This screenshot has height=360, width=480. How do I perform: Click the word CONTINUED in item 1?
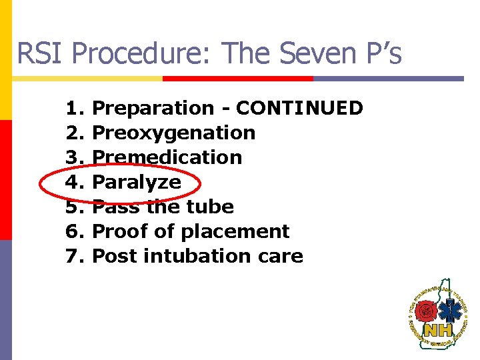point(299,108)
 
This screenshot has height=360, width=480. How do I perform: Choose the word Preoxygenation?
point(173,133)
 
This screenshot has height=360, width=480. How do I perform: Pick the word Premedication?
point(167,157)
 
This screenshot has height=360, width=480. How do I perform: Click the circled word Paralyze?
point(136,182)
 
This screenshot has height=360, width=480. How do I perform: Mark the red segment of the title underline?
point(238,79)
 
